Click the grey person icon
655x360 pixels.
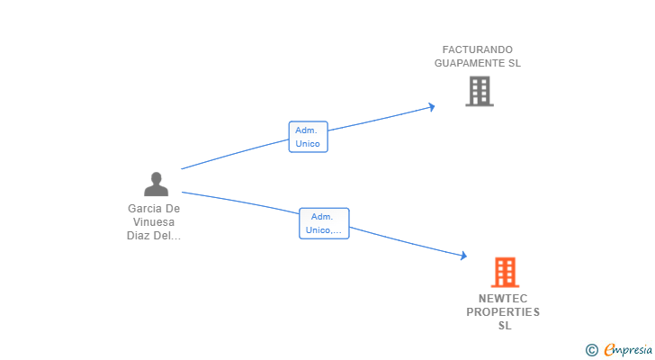pyautogui.click(x=156, y=184)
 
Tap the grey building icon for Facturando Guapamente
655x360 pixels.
pyautogui.click(x=479, y=91)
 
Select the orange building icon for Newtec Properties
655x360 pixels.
pyautogui.click(x=505, y=273)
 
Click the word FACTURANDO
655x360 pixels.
pyautogui.click(x=477, y=49)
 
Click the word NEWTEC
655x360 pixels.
pyautogui.click(x=503, y=298)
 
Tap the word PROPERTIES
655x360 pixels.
pyautogui.click(x=503, y=312)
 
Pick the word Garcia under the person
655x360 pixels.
pyautogui.click(x=147, y=209)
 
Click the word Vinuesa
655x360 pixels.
pyautogui.click(x=154, y=222)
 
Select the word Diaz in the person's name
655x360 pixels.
pyautogui.click(x=139, y=237)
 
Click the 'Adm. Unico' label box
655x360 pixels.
pyautogui.click(x=308, y=137)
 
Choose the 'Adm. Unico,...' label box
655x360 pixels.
pyautogui.click(x=323, y=223)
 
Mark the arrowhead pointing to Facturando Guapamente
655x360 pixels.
pyautogui.click(x=432, y=106)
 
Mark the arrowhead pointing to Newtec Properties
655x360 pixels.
pyautogui.click(x=463, y=256)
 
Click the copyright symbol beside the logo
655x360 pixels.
pyautogui.click(x=591, y=350)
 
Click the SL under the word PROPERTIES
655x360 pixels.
pyautogui.click(x=504, y=326)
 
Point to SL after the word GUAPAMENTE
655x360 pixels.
pyautogui.click(x=514, y=64)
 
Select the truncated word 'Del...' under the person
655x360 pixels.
pyautogui.click(x=168, y=237)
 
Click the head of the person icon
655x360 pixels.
pyautogui.click(x=156, y=178)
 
